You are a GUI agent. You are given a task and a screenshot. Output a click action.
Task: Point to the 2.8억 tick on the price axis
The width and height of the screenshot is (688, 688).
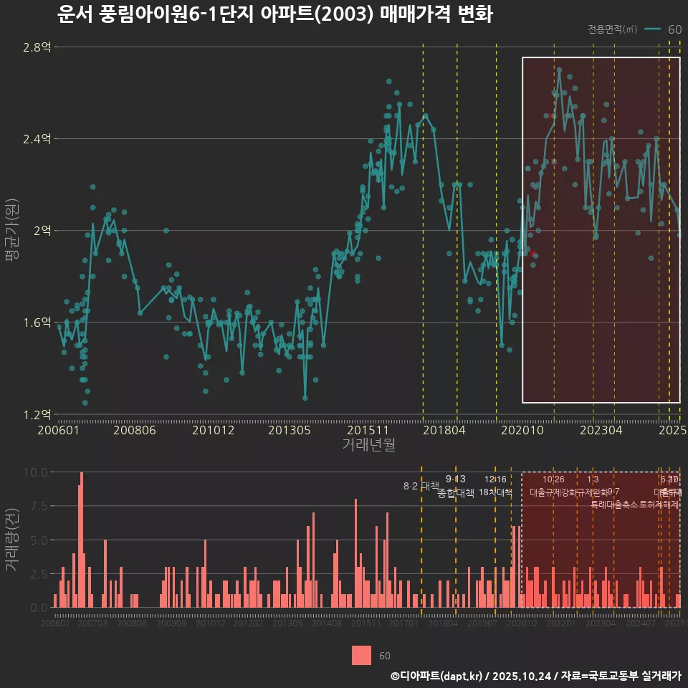37,47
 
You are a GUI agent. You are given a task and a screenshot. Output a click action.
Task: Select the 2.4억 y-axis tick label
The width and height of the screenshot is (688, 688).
37,139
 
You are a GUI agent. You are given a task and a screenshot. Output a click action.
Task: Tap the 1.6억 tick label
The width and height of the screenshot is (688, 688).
37,322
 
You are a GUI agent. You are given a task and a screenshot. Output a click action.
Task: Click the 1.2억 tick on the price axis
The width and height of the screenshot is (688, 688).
37,414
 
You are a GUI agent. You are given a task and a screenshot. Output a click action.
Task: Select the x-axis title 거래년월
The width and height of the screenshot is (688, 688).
368,444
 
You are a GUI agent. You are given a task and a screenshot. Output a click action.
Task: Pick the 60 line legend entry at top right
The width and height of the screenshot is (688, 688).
663,29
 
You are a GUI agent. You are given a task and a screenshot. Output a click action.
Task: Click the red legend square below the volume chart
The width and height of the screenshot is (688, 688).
362,655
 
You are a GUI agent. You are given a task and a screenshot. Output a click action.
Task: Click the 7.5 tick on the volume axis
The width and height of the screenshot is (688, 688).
38,506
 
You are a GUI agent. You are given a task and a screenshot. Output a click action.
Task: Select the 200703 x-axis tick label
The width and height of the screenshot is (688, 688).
92,623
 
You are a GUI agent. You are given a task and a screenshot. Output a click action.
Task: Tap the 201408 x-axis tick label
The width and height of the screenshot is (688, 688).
327,623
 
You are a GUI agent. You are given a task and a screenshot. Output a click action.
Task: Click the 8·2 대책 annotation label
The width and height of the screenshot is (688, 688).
421,487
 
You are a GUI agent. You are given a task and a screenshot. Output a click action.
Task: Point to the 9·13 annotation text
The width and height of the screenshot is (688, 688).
455,479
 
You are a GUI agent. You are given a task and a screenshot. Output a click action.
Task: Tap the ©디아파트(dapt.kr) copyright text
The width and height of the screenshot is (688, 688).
437,676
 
